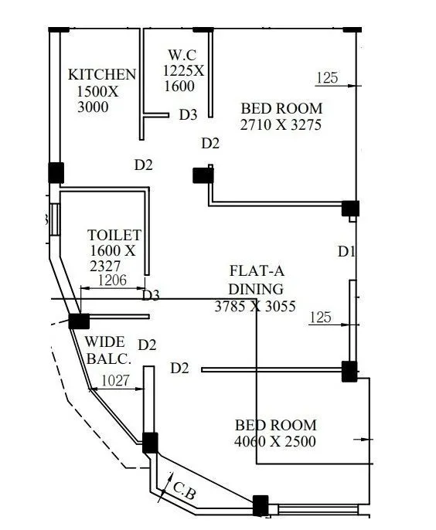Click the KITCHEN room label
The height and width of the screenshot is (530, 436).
coord(102,74)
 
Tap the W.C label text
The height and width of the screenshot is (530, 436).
coord(182,55)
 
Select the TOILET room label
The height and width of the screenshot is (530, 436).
coord(114,235)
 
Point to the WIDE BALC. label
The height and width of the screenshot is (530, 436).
coord(108,350)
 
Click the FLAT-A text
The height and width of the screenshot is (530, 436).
coord(257,270)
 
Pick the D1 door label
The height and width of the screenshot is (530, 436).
coord(346,252)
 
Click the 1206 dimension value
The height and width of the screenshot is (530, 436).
coord(112,280)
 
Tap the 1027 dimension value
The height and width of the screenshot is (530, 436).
coord(115,381)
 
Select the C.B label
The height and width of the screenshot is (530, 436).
coord(184,491)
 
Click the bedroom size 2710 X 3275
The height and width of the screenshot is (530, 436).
coord(281,124)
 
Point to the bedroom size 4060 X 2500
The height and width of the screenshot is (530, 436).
coord(275,441)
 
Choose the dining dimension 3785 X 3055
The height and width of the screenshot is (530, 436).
coord(255,306)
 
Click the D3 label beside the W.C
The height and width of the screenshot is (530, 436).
coord(188,114)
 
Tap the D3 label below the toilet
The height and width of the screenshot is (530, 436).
coord(151,295)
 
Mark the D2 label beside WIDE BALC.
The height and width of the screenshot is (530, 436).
coord(147,345)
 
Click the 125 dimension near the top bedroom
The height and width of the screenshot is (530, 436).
coord(327,78)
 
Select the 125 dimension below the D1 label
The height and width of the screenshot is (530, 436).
coord(320,318)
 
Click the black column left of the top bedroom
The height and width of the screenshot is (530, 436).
coord(203,175)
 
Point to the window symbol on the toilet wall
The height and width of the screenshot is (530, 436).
coord(55,219)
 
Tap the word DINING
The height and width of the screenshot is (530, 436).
coord(256,289)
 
